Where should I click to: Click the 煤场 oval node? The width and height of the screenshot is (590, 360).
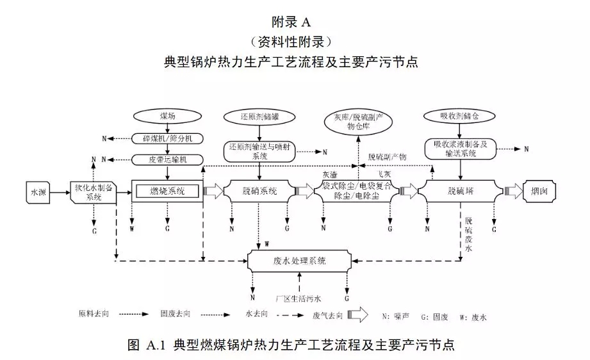pyautogui.click(x=167, y=116)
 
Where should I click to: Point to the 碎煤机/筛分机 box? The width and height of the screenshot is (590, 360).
pyautogui.click(x=167, y=138)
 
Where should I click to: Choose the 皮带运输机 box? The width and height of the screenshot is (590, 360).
pyautogui.click(x=167, y=159)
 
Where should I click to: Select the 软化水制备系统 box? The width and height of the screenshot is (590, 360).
pyautogui.click(x=94, y=191)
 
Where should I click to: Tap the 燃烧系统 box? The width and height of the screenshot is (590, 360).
pyautogui.click(x=167, y=191)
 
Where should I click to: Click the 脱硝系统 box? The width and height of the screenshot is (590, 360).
pyautogui.click(x=259, y=191)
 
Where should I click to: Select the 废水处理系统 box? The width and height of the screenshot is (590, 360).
pyautogui.click(x=300, y=261)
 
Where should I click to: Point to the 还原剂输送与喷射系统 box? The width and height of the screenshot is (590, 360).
pyautogui.click(x=259, y=151)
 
